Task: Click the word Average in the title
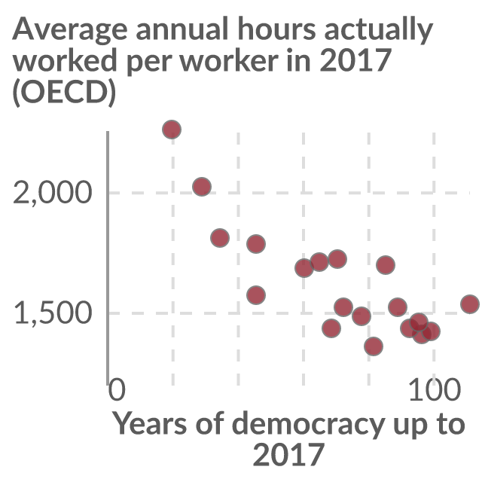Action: (70, 30)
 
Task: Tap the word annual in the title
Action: (182, 29)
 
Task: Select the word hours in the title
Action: (276, 29)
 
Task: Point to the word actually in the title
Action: (379, 30)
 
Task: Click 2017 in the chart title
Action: (355, 60)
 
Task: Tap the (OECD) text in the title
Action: (64, 92)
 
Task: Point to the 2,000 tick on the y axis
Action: (53, 193)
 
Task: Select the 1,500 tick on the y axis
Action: (53, 313)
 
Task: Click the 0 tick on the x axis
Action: (117, 389)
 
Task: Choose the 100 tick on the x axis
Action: (435, 389)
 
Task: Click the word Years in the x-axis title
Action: (150, 423)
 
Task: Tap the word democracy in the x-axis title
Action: (308, 424)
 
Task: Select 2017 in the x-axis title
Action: (288, 454)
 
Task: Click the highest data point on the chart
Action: (172, 129)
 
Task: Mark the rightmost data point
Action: (470, 304)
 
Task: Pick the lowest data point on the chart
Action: (374, 346)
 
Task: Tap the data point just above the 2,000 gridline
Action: (202, 187)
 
